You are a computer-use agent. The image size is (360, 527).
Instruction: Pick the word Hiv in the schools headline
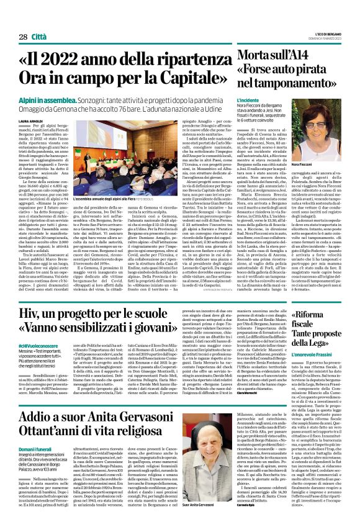(33, 315)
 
